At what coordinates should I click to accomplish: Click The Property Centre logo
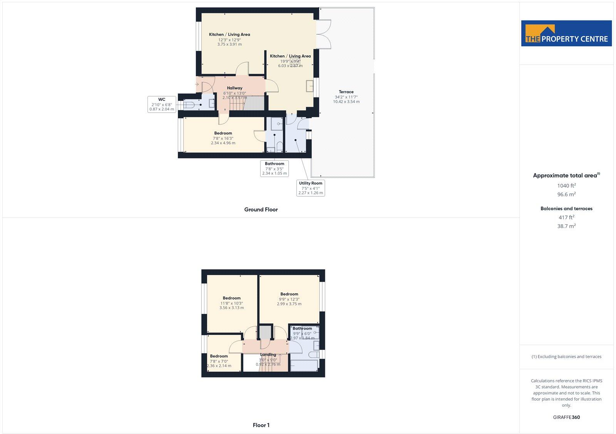[x=566, y=33]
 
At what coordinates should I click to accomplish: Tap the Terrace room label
[x=346, y=92]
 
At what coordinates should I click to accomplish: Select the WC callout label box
[x=162, y=104]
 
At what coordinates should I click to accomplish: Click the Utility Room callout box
[x=310, y=188]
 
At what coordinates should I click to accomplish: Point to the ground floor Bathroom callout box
[x=275, y=169]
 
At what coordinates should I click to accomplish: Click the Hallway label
[x=234, y=88]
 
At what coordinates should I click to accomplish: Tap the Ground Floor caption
[x=261, y=210]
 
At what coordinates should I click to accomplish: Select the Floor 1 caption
[x=261, y=425]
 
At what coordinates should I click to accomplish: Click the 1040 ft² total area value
[x=566, y=185]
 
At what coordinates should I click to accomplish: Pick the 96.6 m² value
[x=566, y=195]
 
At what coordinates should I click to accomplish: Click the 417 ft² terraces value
[x=566, y=217]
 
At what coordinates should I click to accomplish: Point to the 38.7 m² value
[x=566, y=226]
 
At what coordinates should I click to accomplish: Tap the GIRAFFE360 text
[x=566, y=417]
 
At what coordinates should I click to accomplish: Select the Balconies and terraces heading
[x=566, y=209]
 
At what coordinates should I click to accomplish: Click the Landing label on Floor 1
[x=268, y=355]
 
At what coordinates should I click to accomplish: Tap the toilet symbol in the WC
[x=190, y=105]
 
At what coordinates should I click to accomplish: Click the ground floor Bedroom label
[x=223, y=134]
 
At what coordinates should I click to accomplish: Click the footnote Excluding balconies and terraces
[x=566, y=357]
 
